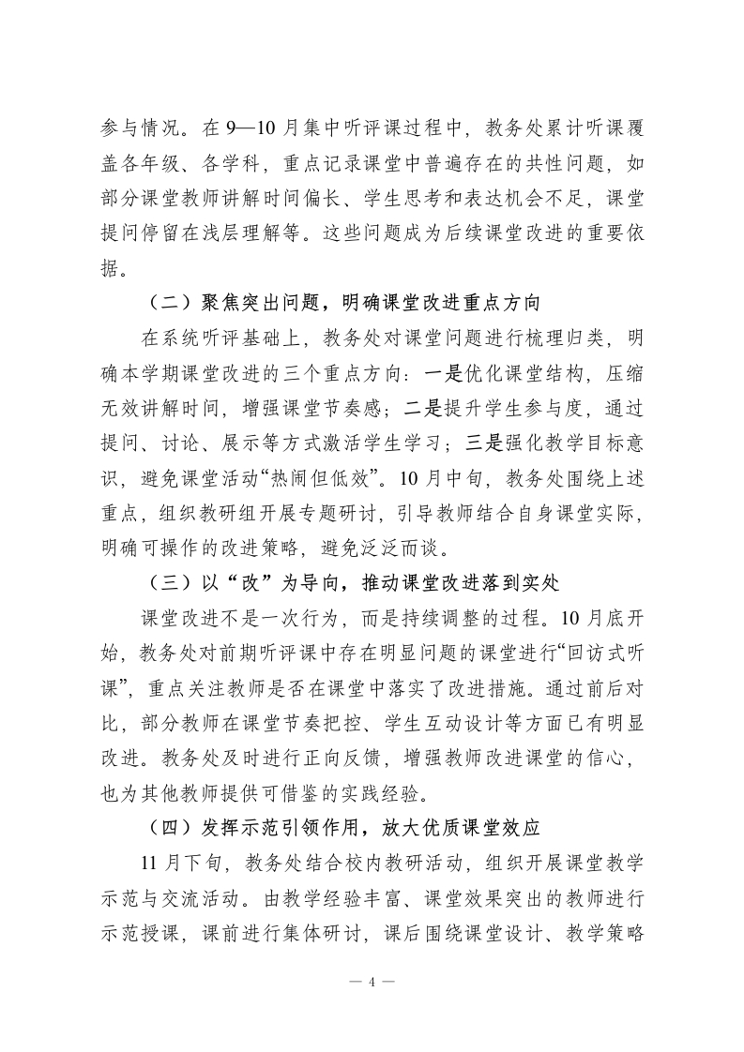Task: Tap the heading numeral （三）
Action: pyautogui.click(x=170, y=583)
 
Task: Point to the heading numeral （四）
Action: pyautogui.click(x=170, y=827)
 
